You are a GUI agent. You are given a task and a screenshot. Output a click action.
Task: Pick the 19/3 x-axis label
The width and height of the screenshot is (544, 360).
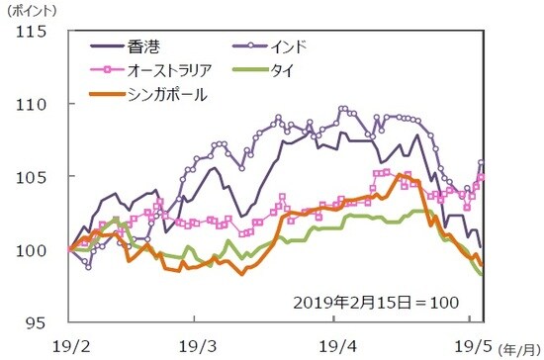pyautogui.click(x=194, y=345)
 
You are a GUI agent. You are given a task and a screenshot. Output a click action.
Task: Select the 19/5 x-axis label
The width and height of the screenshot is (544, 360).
pyautogui.click(x=468, y=345)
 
